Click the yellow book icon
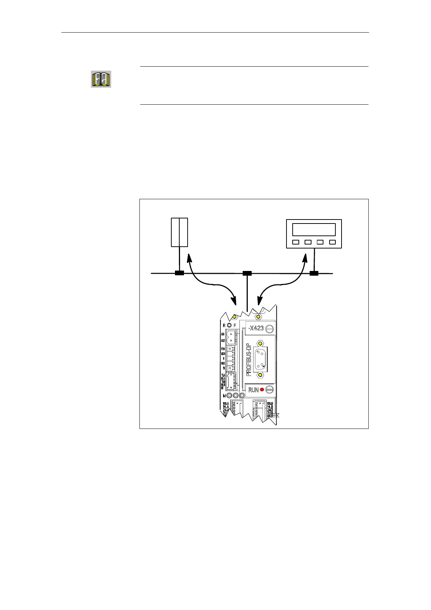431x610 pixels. point(101,79)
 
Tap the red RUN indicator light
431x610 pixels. point(262,390)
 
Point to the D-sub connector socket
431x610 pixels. point(260,359)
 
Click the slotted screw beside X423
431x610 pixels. point(269,329)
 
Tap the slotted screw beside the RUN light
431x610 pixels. point(269,390)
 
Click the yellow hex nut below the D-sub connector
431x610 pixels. point(260,375)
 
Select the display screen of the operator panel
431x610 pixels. point(314,230)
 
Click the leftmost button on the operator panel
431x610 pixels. point(296,242)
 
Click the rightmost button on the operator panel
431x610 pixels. point(332,242)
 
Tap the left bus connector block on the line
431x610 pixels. point(179,273)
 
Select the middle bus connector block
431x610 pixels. point(247,273)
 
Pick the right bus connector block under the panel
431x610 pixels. point(314,273)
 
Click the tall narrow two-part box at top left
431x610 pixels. point(179,232)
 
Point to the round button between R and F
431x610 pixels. point(229,325)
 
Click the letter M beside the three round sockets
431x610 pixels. point(225,396)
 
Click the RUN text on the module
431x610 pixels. point(254,390)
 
